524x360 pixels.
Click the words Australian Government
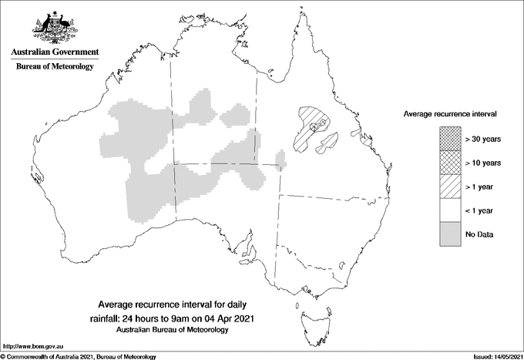tap(54, 52)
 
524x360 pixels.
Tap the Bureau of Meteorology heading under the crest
tap(54, 67)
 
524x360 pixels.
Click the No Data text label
tap(479, 234)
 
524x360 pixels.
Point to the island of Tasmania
tap(307, 316)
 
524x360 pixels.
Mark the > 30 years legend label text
tap(483, 140)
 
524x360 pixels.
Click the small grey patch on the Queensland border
tap(281, 161)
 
